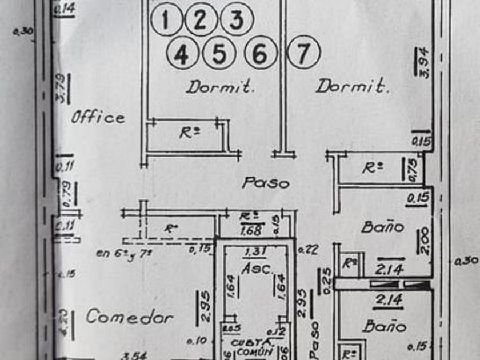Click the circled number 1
(x=166, y=20)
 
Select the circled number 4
(x=181, y=55)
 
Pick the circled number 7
(x=303, y=53)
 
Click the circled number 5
(x=220, y=54)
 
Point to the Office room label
(x=98, y=118)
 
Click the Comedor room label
(x=129, y=317)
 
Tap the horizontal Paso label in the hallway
(x=266, y=183)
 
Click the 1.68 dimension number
(x=251, y=230)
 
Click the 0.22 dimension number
(x=308, y=249)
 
